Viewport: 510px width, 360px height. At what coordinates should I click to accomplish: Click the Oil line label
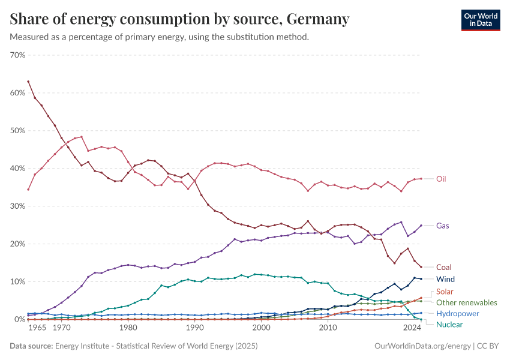[441, 179]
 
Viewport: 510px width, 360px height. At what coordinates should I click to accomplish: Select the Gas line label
[443, 226]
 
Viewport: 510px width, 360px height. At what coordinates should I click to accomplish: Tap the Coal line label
[444, 267]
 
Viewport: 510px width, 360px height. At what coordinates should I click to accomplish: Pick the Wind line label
[445, 279]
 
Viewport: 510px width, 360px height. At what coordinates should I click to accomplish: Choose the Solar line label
[445, 291]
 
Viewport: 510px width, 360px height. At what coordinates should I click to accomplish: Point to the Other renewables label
[466, 302]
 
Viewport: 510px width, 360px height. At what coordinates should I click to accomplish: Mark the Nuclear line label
[449, 325]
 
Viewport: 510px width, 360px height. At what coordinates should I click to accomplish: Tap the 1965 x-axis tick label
[38, 329]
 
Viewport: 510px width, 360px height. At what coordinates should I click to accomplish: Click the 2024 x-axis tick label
[412, 329]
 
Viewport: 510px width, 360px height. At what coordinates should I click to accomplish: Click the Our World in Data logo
[480, 19]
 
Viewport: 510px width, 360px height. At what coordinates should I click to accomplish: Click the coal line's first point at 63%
[28, 82]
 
